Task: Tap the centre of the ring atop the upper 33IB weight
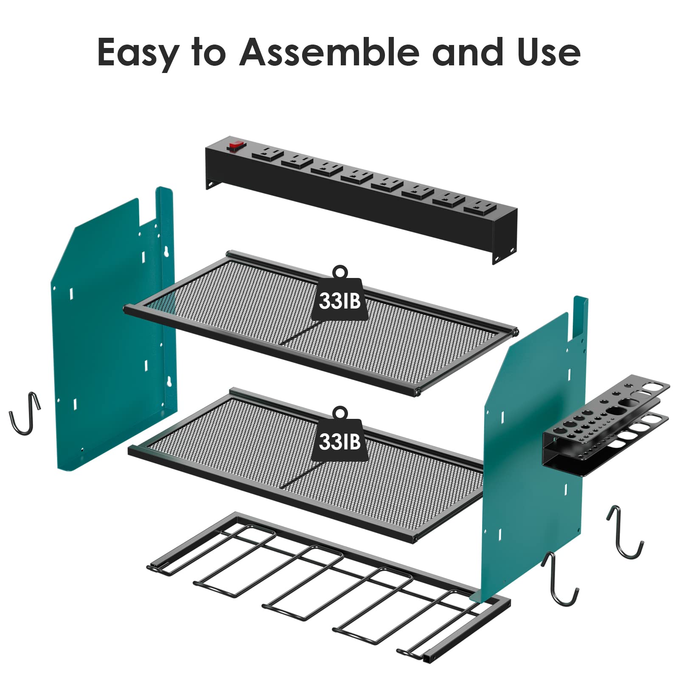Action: [x=340, y=272]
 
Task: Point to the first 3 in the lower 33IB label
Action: [x=325, y=441]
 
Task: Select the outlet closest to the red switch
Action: [x=267, y=153]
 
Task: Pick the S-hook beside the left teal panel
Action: [x=25, y=413]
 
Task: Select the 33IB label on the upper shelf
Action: [x=340, y=300]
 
